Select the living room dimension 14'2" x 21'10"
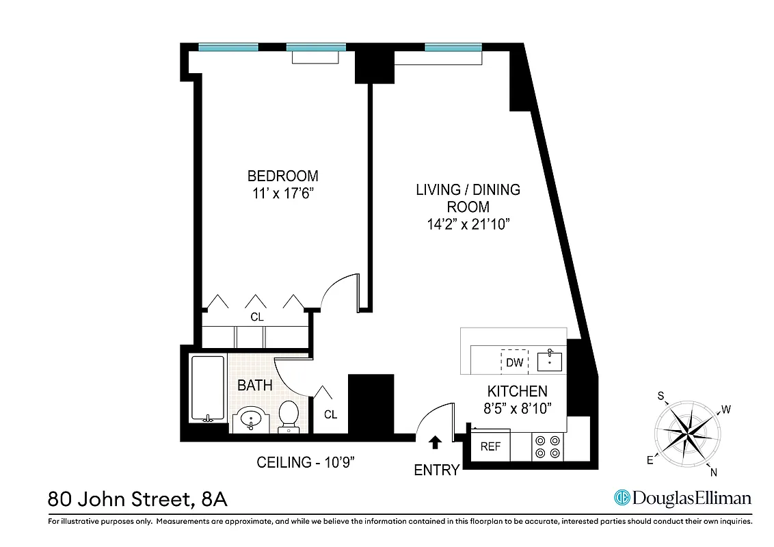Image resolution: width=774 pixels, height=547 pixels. [x=468, y=224]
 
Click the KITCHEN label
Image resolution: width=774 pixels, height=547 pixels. [x=517, y=391]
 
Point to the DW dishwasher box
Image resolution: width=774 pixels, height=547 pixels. [x=514, y=362]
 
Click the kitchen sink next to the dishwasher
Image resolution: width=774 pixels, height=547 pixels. [x=549, y=360]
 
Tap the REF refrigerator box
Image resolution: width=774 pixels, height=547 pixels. [x=490, y=446]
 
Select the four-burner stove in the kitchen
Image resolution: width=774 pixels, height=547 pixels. [x=548, y=446]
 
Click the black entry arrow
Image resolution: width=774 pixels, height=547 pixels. [x=434, y=442]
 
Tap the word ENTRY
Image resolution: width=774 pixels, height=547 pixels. [x=437, y=470]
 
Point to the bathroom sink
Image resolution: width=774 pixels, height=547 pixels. [x=250, y=418]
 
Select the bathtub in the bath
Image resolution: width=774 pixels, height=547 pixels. [x=208, y=388]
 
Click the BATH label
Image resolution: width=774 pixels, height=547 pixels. [x=254, y=386]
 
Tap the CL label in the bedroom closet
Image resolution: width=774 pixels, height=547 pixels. [x=256, y=317]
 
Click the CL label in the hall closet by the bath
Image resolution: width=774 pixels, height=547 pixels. [x=330, y=414]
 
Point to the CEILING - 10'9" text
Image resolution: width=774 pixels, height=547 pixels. [x=306, y=463]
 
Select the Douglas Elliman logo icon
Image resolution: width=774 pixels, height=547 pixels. [x=622, y=498]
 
